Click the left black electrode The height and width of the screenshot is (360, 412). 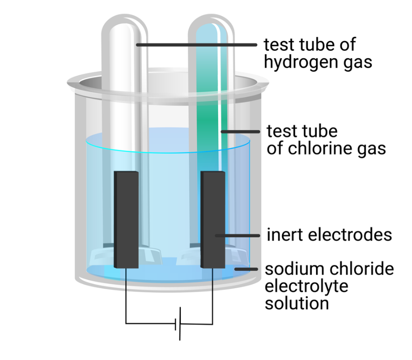[126, 219]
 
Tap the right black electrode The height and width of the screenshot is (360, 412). [213, 219]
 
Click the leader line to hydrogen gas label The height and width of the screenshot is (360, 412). [196, 45]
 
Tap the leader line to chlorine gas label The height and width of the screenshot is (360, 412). [240, 132]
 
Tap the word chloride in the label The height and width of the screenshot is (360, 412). [364, 269]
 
